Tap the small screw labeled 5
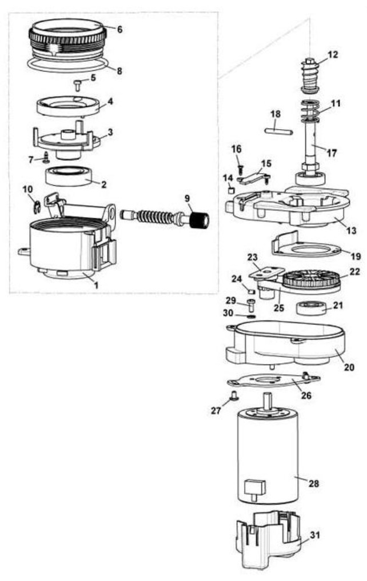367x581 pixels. (x=78, y=85)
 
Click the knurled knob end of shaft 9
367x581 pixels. (x=198, y=219)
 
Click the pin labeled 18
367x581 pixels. (x=280, y=130)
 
